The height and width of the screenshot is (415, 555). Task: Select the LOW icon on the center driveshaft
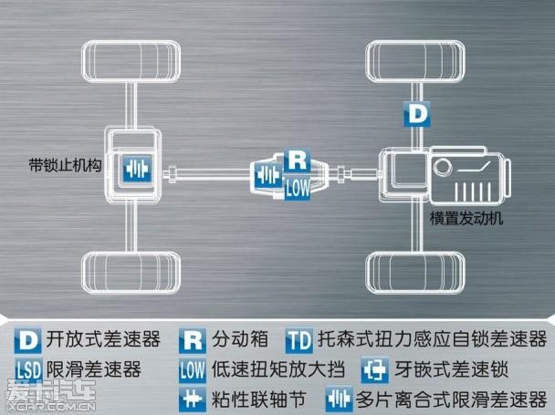[298, 188]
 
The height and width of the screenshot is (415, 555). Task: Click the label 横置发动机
[466, 219]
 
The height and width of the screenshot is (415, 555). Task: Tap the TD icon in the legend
[299, 341]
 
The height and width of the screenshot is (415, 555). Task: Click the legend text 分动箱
[240, 340]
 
